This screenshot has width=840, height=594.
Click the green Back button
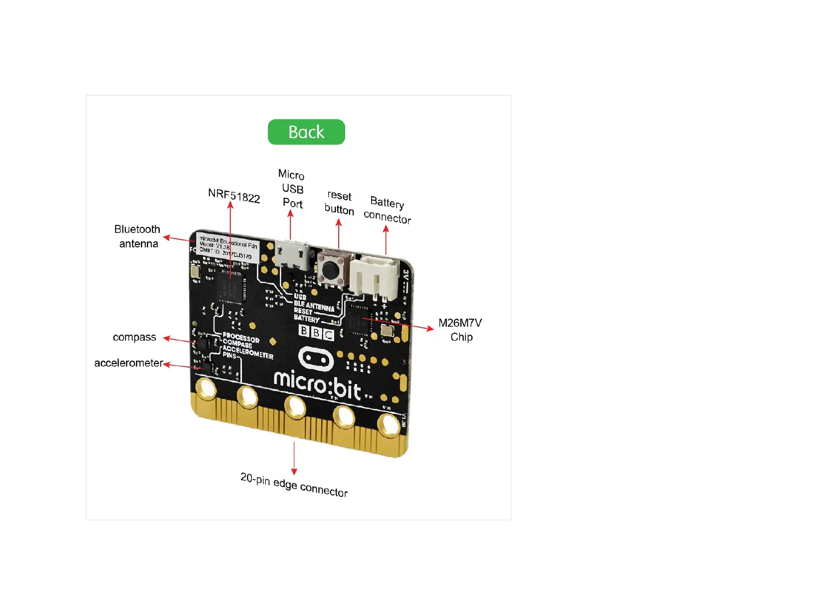pyautogui.click(x=306, y=132)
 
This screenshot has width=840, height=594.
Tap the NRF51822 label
pyautogui.click(x=234, y=196)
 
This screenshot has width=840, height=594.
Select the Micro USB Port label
pyautogui.click(x=292, y=189)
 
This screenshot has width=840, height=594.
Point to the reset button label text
pyautogui.click(x=339, y=202)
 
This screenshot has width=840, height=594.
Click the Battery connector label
pyautogui.click(x=387, y=210)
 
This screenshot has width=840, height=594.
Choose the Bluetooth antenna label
pyautogui.click(x=137, y=236)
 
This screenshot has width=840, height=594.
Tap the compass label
pyautogui.click(x=134, y=337)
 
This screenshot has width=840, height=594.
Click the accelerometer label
pyautogui.click(x=128, y=363)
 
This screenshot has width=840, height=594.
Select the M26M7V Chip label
pyautogui.click(x=460, y=330)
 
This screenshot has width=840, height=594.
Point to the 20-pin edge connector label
pyautogui.click(x=294, y=485)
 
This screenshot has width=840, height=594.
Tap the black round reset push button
pyautogui.click(x=330, y=270)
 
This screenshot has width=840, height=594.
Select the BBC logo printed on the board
pyautogui.click(x=316, y=332)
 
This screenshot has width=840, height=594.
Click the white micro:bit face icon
pyautogui.click(x=316, y=359)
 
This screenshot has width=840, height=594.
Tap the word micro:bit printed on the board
pyautogui.click(x=317, y=385)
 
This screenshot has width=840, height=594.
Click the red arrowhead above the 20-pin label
pyautogui.click(x=294, y=471)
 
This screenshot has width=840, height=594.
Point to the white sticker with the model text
pyautogui.click(x=227, y=247)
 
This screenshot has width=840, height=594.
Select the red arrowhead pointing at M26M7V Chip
pyautogui.click(x=430, y=328)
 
